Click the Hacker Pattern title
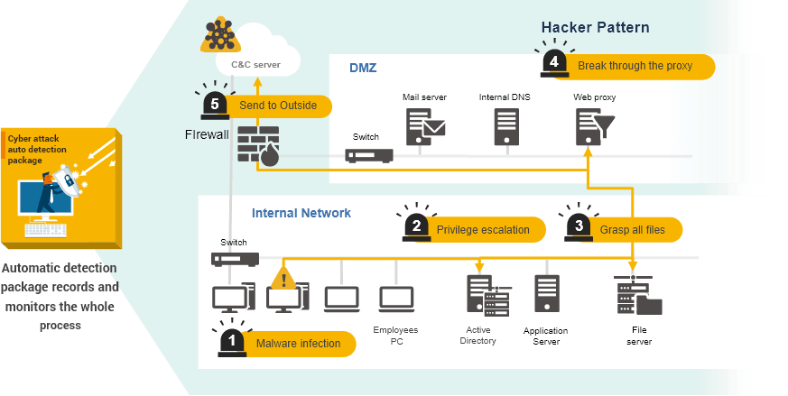pyautogui.click(x=595, y=27)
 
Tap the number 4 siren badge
pyautogui.click(x=553, y=63)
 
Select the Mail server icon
pyautogui.click(x=425, y=126)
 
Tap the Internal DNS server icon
pyautogui.click(x=506, y=127)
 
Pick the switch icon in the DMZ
pyautogui.click(x=369, y=155)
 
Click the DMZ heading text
pyautogui.click(x=365, y=68)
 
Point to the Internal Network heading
pyautogui.click(x=301, y=214)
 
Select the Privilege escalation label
pyautogui.click(x=483, y=229)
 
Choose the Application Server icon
pyautogui.click(x=546, y=294)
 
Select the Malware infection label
pyautogui.click(x=298, y=343)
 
